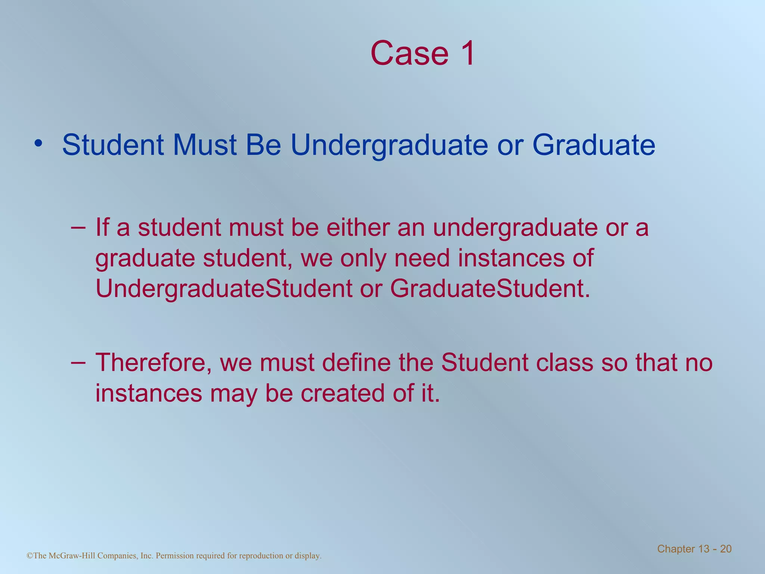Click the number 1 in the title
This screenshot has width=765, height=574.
tap(466, 53)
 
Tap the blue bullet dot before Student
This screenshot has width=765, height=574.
tap(37, 143)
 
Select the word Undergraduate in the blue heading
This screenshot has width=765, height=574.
tap(389, 145)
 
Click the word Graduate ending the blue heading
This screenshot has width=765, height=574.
tap(594, 145)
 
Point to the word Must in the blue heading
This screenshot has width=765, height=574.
tap(204, 145)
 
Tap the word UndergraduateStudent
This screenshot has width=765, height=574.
tap(223, 289)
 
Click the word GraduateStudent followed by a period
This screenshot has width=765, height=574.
tap(490, 289)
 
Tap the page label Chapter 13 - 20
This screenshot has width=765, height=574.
tap(694, 549)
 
